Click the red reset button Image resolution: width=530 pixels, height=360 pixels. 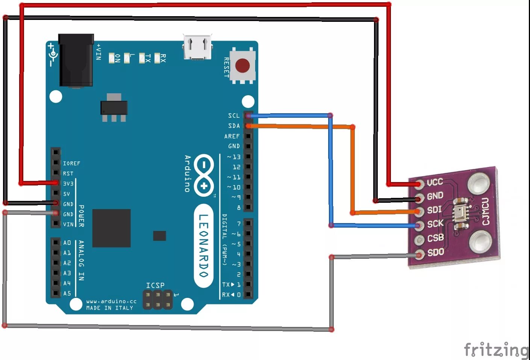(x=242, y=65)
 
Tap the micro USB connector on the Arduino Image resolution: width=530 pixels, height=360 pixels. (x=197, y=47)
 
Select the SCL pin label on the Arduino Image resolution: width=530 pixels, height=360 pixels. (x=233, y=115)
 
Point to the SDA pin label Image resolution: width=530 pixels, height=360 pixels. (x=233, y=126)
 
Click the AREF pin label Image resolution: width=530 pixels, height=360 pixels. (x=232, y=136)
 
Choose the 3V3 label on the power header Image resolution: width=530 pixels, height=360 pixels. (x=68, y=184)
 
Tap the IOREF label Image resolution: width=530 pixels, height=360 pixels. (x=71, y=163)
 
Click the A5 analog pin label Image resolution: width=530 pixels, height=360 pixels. (x=67, y=293)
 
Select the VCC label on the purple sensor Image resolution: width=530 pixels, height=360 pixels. (x=435, y=182)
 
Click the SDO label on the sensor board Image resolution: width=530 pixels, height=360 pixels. (x=436, y=252)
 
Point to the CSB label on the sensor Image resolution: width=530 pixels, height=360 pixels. (x=436, y=238)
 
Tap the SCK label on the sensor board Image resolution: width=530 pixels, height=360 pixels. (x=435, y=224)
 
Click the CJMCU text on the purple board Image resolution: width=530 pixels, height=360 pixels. (x=486, y=211)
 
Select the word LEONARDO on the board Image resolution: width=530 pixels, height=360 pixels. (x=203, y=246)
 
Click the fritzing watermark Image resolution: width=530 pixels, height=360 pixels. (x=496, y=350)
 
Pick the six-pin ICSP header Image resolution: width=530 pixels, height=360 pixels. (x=158, y=300)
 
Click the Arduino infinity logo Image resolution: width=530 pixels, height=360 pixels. (x=204, y=175)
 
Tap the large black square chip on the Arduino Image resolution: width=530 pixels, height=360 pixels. (x=111, y=228)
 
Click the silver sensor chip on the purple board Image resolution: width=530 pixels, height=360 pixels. (x=461, y=213)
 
